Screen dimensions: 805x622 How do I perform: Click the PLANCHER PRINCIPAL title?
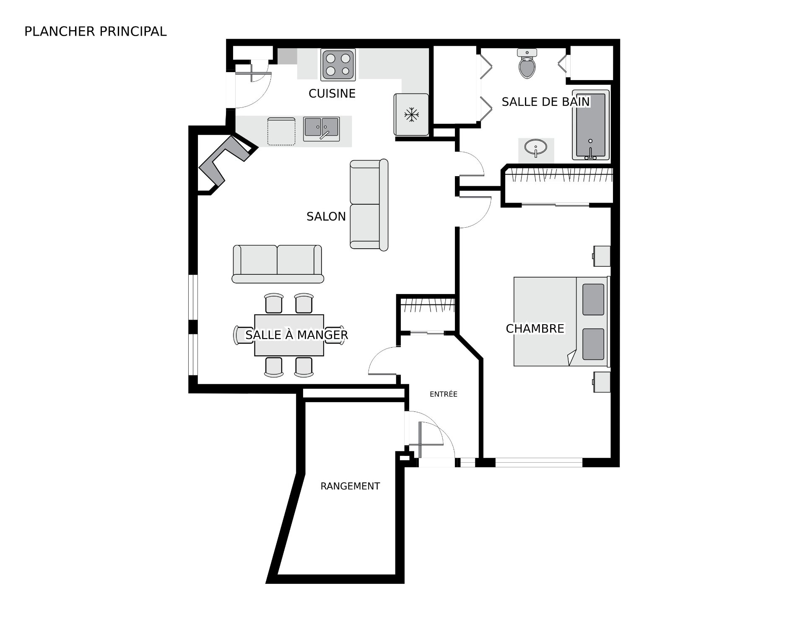pyautogui.click(x=96, y=31)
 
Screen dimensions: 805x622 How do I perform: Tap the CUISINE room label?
pyautogui.click(x=332, y=94)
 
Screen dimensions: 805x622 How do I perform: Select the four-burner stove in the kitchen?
pyautogui.click(x=338, y=65)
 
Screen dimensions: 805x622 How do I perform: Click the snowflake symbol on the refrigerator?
pyautogui.click(x=412, y=115)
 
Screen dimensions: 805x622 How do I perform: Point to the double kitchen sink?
pyautogui.click(x=321, y=129)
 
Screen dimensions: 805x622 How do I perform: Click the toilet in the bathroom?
pyautogui.click(x=527, y=63)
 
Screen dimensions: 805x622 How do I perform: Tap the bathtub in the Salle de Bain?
pyautogui.click(x=591, y=125)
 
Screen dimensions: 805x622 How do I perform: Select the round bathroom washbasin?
pyautogui.click(x=535, y=148)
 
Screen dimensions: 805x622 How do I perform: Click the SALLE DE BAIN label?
pyautogui.click(x=545, y=101)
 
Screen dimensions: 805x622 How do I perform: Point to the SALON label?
pyautogui.click(x=326, y=216)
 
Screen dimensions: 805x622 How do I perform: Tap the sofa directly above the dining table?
pyautogui.click(x=278, y=264)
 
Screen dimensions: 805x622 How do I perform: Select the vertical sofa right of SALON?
pyautogui.click(x=369, y=205)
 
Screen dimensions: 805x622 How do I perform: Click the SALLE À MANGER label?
pyautogui.click(x=296, y=335)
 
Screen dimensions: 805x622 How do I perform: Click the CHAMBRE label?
pyautogui.click(x=535, y=328)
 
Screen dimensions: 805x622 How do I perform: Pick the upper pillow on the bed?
pyautogui.click(x=593, y=299)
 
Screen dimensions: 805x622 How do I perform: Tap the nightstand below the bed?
pyautogui.click(x=602, y=382)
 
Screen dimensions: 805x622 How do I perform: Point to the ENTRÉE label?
pyautogui.click(x=444, y=394)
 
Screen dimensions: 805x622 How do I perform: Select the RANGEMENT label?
pyautogui.click(x=350, y=486)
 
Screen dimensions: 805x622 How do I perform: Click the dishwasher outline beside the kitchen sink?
pyautogui.click(x=281, y=132)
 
